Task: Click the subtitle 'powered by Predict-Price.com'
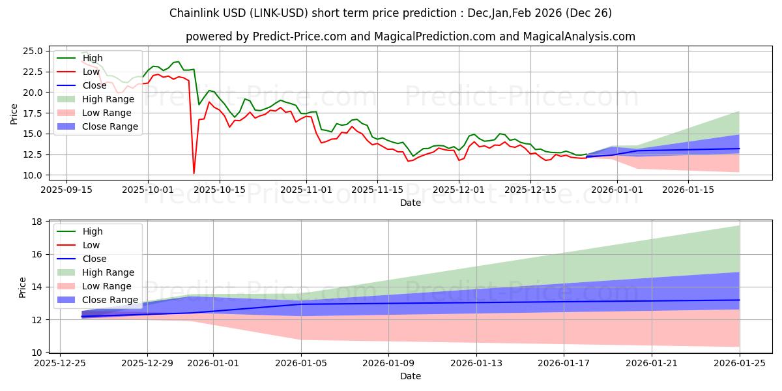pyautogui.click(x=410, y=36)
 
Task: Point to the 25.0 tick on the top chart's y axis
pyautogui.click(x=33, y=51)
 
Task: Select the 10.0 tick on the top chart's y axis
pyautogui.click(x=33, y=175)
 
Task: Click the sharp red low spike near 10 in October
pyautogui.click(x=194, y=173)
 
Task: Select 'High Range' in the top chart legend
pyautogui.click(x=108, y=99)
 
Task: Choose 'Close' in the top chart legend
pyautogui.click(x=94, y=85)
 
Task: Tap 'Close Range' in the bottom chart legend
pyautogui.click(x=110, y=300)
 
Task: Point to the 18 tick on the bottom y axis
pyautogui.click(x=37, y=222)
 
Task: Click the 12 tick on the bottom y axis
pyautogui.click(x=37, y=320)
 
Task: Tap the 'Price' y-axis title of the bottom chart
pyautogui.click(x=23, y=287)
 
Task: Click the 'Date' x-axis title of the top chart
pyautogui.click(x=410, y=203)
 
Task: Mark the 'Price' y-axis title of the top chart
pyautogui.click(x=14, y=113)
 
